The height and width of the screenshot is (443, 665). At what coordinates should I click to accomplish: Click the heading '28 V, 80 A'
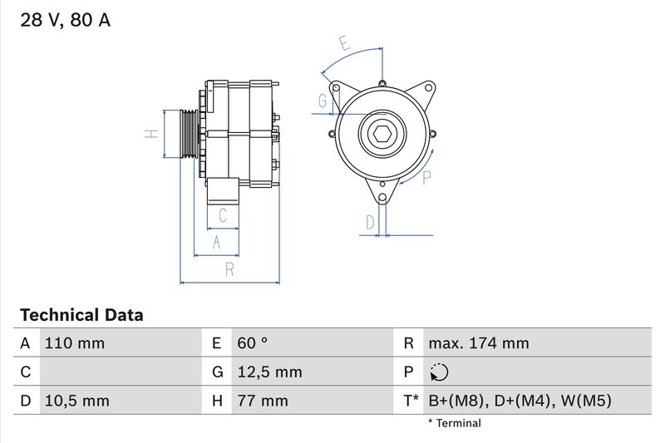[64, 21]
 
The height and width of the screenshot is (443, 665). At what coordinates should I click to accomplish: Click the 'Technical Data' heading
[81, 315]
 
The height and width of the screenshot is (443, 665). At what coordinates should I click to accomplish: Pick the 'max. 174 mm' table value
[478, 343]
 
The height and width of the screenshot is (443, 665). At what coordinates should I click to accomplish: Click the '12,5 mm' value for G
[268, 372]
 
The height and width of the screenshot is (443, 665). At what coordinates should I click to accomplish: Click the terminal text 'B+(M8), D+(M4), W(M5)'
[520, 401]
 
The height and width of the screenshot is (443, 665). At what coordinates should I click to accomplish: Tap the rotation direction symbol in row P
[441, 372]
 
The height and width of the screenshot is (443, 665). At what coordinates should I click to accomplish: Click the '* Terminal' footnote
[454, 423]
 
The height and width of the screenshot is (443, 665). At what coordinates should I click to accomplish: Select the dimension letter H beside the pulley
[150, 135]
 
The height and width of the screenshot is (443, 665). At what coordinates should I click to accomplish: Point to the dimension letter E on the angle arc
[343, 42]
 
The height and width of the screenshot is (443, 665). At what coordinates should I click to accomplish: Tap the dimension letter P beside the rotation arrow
[427, 176]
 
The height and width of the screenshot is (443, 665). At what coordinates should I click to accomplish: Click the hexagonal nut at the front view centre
[382, 135]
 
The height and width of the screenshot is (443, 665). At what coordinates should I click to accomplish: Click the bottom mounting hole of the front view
[382, 197]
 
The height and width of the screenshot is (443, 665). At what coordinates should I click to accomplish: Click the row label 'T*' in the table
[411, 401]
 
